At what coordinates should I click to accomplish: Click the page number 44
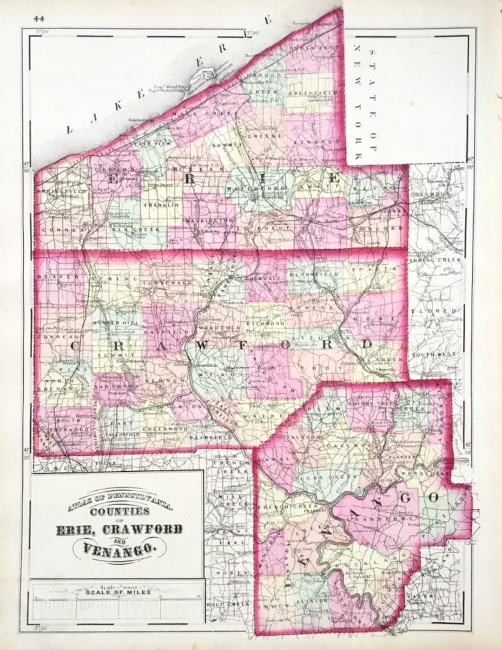coord(39,19)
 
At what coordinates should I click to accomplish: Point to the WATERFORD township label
coord(248,188)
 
